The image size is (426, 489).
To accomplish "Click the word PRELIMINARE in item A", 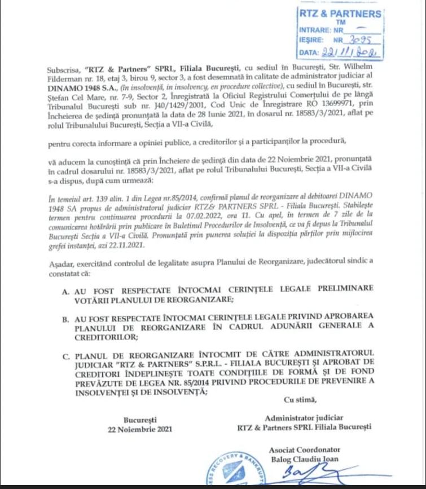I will point(346,288).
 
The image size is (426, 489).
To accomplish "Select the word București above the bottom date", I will point(141,420).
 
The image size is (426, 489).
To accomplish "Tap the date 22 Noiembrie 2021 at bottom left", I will point(141,429).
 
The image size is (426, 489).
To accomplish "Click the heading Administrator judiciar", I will point(304,418).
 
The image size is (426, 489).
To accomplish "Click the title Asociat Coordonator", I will point(304,450).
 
